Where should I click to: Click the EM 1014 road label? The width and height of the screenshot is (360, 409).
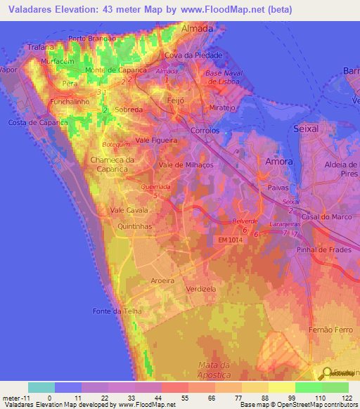point(231,241)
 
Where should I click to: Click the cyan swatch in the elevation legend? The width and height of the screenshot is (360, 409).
point(41,387)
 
